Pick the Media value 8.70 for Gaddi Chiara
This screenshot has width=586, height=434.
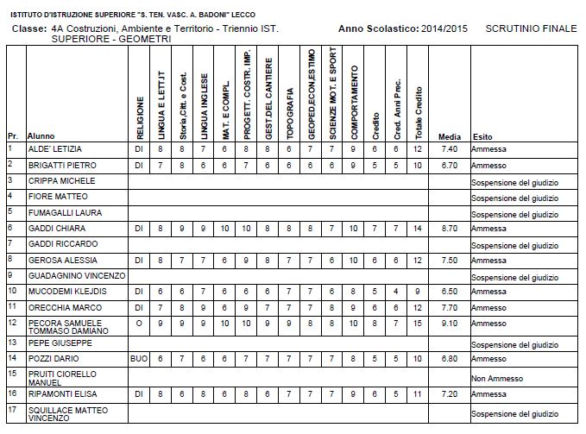tap(449, 228)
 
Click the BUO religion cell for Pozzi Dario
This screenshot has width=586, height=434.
tap(139, 358)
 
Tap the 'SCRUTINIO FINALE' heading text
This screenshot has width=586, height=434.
tap(531, 28)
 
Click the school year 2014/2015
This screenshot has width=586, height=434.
tap(444, 28)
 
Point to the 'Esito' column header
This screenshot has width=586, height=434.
tap(482, 136)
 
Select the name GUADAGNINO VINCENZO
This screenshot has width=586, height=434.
tap(76, 275)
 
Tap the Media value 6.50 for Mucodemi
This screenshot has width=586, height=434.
tap(449, 291)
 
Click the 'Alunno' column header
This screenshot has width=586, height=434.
tap(41, 136)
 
